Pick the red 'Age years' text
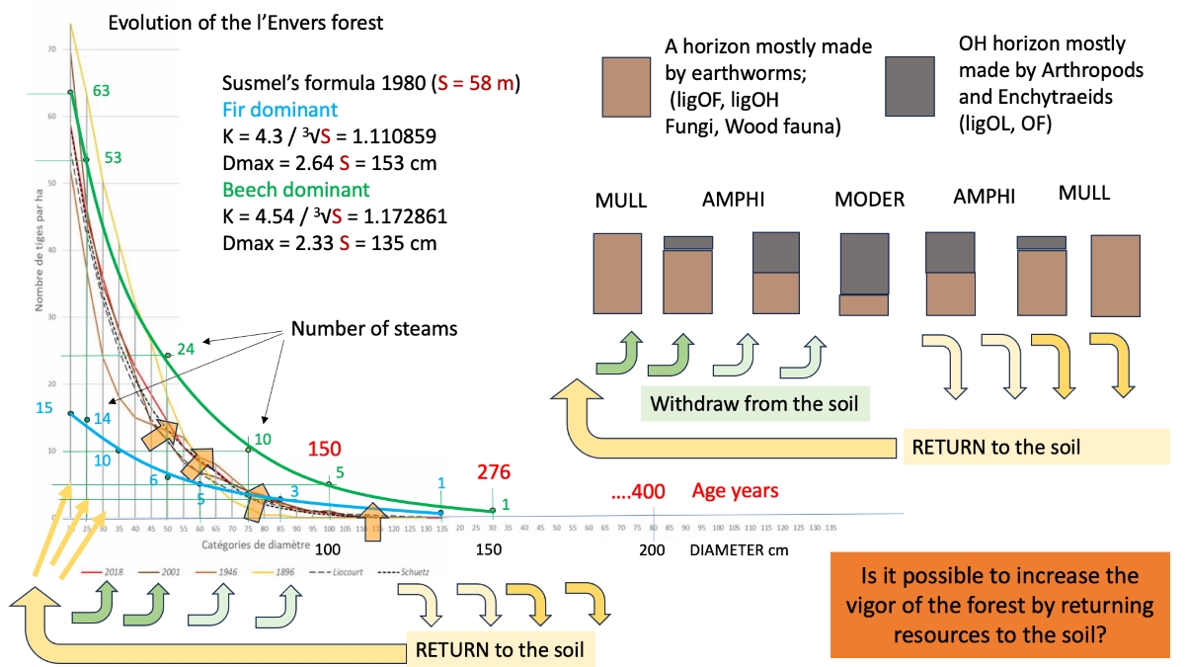pyautogui.click(x=735, y=490)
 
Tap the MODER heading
pyautogui.click(x=869, y=200)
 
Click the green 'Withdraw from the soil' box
pyautogui.click(x=753, y=403)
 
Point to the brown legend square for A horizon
pyautogui.click(x=626, y=87)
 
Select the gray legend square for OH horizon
pyautogui.click(x=909, y=87)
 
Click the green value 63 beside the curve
pyautogui.click(x=100, y=91)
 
